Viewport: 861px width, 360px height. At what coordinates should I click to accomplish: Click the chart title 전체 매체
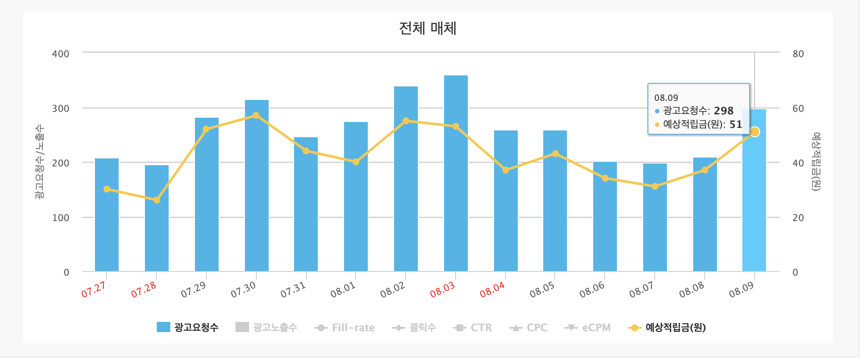(428, 28)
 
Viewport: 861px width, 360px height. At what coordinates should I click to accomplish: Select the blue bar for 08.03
(455, 174)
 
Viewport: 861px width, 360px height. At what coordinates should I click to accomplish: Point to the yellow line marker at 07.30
(256, 116)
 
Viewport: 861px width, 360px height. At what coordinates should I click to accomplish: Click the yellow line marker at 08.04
(505, 170)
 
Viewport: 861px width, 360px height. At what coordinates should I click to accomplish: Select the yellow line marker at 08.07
(655, 186)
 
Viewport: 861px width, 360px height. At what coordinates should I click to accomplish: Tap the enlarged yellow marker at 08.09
(755, 132)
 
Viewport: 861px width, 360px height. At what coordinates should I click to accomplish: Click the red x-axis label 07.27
(94, 290)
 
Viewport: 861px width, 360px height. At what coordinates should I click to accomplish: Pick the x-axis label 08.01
(343, 290)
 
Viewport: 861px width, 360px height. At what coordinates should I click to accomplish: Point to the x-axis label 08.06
(592, 290)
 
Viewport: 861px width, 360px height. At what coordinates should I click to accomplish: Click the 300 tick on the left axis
(61, 108)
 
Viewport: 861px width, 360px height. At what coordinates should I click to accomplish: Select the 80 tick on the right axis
(798, 54)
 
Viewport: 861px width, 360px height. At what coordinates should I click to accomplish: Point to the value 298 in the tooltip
(723, 111)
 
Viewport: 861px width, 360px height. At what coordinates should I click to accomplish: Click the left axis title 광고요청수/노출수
(39, 162)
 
